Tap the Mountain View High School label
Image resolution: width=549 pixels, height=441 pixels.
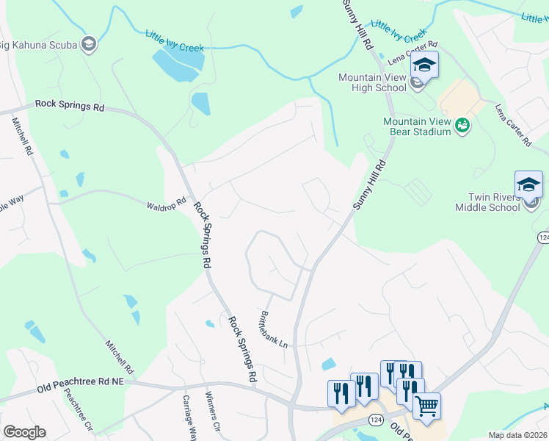(372, 82)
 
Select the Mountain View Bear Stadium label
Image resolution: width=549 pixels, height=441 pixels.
(416, 126)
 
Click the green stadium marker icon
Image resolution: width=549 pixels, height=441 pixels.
(462, 126)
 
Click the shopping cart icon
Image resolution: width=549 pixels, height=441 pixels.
(426, 405)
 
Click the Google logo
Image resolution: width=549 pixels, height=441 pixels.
(24, 432)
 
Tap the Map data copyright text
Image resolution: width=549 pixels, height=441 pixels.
(518, 435)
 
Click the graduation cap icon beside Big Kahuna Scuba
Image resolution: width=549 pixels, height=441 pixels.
(89, 45)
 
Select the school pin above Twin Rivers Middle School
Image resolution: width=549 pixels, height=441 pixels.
(528, 184)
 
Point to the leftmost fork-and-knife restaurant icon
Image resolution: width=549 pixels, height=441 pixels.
(341, 392)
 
